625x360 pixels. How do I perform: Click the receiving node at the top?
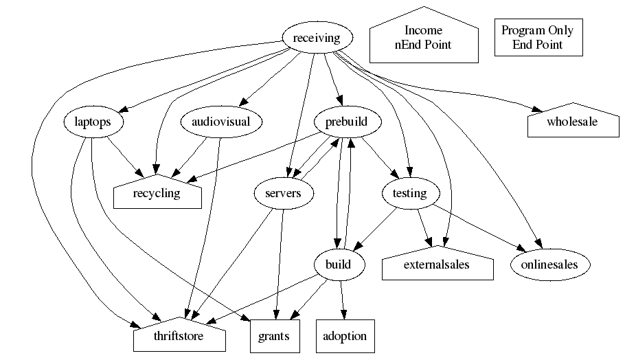click(x=317, y=38)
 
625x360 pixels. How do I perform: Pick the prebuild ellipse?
click(x=341, y=123)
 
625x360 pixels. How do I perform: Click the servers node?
click(x=283, y=194)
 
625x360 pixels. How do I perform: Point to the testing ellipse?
click(x=409, y=194)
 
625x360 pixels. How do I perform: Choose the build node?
click(x=341, y=265)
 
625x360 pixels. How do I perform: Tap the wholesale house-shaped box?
click(x=571, y=122)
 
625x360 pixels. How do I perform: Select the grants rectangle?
click(x=275, y=337)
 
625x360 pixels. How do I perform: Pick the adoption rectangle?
click(x=345, y=337)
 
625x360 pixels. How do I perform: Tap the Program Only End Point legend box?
click(x=538, y=37)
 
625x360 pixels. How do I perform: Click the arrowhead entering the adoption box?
click(x=344, y=315)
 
